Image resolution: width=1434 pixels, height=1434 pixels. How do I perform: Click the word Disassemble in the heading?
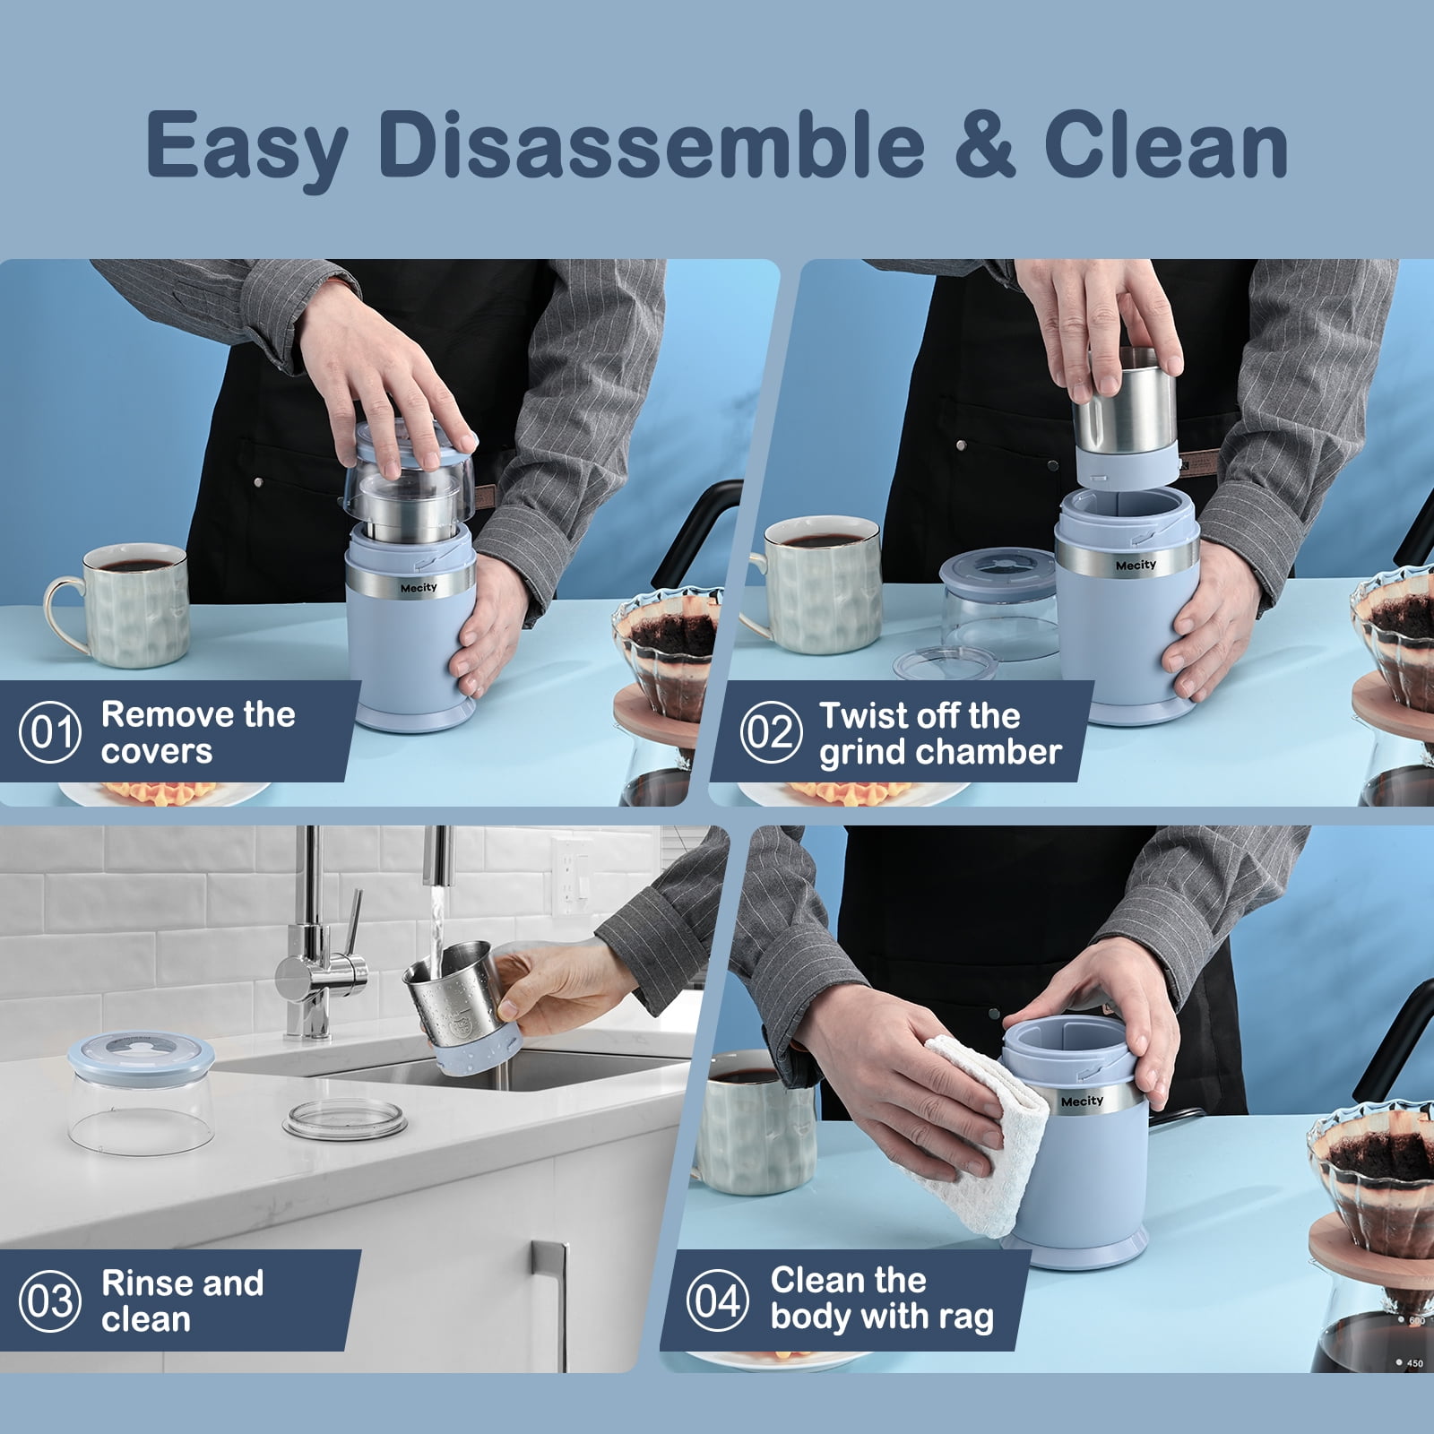point(652,144)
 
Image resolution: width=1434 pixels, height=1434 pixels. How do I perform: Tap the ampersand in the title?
point(985,144)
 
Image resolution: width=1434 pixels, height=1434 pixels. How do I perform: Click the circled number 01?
point(50,732)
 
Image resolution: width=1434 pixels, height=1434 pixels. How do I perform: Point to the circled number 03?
point(50,1300)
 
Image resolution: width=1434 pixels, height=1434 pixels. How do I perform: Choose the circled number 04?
point(718,1300)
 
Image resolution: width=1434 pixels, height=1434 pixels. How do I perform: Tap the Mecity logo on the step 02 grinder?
point(1136,566)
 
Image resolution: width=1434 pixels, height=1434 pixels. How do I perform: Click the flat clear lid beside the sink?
point(345,1121)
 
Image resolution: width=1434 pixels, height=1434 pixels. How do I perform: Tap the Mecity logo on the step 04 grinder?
point(1082,1101)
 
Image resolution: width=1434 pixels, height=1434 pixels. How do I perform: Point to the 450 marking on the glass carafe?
point(1414,1363)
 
